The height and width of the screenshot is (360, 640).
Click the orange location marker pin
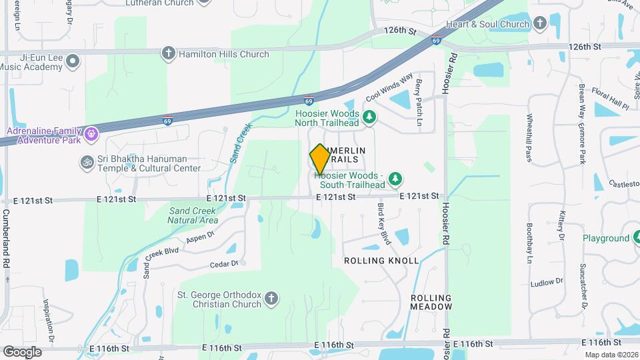click(x=320, y=159)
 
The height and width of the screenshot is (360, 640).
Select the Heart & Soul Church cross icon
click(x=539, y=23)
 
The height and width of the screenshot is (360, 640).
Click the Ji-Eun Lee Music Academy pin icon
click(x=73, y=61)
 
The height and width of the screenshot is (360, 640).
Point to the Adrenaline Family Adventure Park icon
click(x=91, y=135)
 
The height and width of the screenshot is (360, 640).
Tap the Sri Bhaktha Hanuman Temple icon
click(x=86, y=162)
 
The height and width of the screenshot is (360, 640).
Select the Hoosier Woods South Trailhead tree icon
click(x=396, y=179)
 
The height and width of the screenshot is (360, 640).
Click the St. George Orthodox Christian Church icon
click(x=271, y=298)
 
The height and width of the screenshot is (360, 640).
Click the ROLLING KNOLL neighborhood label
click(x=381, y=261)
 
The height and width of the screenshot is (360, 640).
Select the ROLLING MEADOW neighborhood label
click(x=431, y=302)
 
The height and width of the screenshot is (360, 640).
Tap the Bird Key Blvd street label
click(x=383, y=224)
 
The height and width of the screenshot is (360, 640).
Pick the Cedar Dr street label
click(x=224, y=264)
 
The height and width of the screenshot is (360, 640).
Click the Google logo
click(x=22, y=351)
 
